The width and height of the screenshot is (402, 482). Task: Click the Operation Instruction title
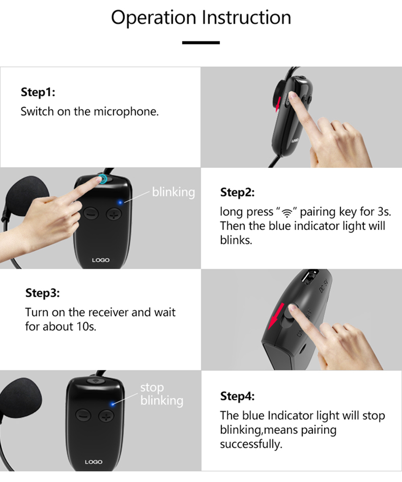(201, 18)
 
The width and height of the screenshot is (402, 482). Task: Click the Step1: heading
(38, 92)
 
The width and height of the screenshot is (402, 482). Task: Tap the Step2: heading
(237, 192)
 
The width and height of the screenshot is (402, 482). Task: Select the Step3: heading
(43, 293)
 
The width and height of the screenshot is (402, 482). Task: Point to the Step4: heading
(237, 396)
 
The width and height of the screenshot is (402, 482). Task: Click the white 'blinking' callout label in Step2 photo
(173, 192)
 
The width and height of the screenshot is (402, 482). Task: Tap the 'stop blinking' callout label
(162, 394)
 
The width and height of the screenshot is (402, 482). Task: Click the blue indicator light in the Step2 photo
(120, 202)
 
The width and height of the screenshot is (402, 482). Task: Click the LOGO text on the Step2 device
(101, 260)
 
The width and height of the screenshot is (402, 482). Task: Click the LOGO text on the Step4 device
(94, 462)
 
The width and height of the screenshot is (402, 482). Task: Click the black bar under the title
(201, 43)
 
